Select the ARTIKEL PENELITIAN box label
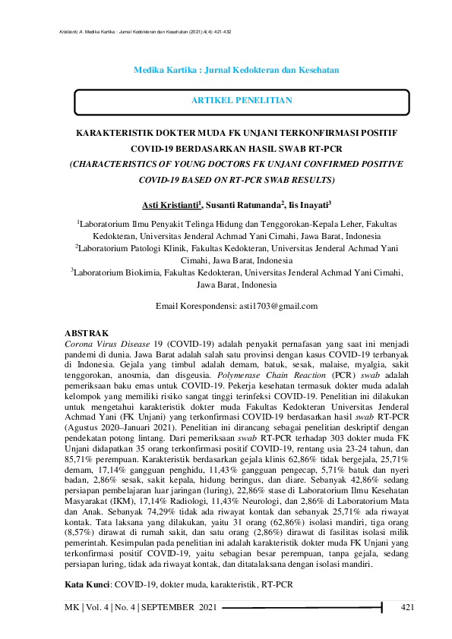(242, 100)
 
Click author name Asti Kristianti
(169, 205)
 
